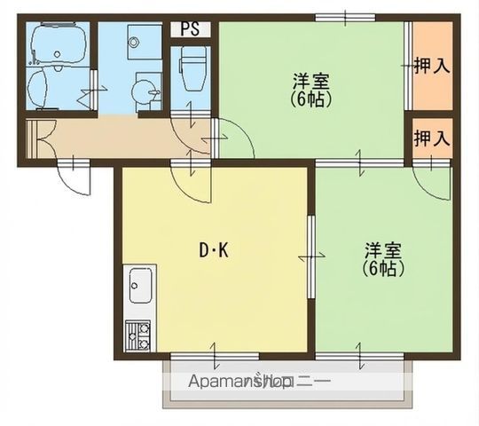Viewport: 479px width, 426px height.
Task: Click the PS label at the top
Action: coord(190,28)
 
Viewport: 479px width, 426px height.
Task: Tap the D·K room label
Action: coord(213,251)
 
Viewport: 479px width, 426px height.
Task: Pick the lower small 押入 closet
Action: coord(433,138)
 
